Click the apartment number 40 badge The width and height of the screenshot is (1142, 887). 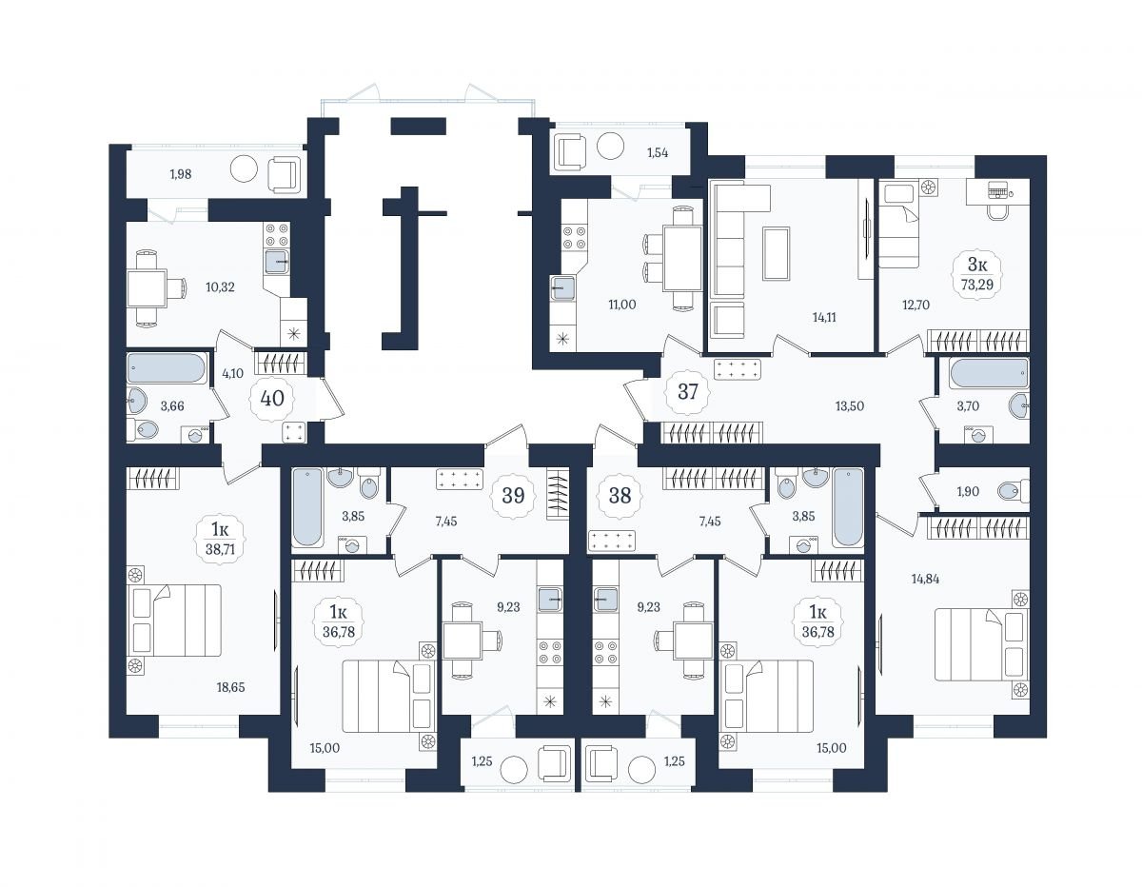(272, 399)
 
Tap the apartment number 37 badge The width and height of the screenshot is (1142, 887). (687, 391)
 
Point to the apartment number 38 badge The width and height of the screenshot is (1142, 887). (620, 496)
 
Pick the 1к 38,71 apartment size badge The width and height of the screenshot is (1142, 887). (220, 539)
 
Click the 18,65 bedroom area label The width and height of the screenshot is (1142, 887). (230, 687)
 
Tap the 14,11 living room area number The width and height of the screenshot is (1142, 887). (823, 317)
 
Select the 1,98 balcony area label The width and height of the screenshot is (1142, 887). (180, 174)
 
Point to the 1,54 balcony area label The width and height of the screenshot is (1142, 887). (658, 153)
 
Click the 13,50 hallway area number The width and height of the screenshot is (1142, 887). (850, 406)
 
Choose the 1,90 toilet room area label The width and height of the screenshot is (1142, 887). (968, 491)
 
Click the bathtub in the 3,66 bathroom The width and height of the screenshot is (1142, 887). (166, 368)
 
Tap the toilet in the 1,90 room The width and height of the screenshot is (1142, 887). (1014, 491)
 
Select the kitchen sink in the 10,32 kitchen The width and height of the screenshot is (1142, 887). (276, 261)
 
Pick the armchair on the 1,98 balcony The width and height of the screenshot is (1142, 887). (284, 174)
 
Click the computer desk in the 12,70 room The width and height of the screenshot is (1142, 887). (997, 191)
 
